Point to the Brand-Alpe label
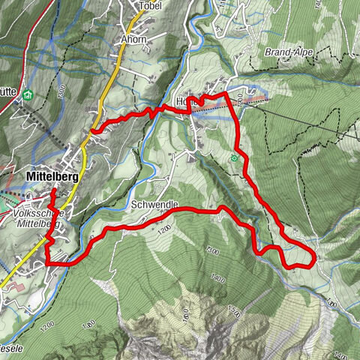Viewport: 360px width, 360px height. pyautogui.click(x=289, y=52)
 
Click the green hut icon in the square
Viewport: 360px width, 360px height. pyautogui.click(x=27, y=94)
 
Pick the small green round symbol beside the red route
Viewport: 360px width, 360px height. pyautogui.click(x=235, y=157)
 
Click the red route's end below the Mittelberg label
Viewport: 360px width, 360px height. pyautogui.click(x=52, y=191)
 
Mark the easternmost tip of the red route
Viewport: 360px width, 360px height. pyautogui.click(x=313, y=258)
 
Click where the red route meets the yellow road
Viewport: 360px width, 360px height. pyautogui.click(x=93, y=132)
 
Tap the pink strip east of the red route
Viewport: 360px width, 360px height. pyautogui.click(x=256, y=98)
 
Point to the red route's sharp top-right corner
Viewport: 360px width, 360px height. pyautogui.click(x=226, y=94)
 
